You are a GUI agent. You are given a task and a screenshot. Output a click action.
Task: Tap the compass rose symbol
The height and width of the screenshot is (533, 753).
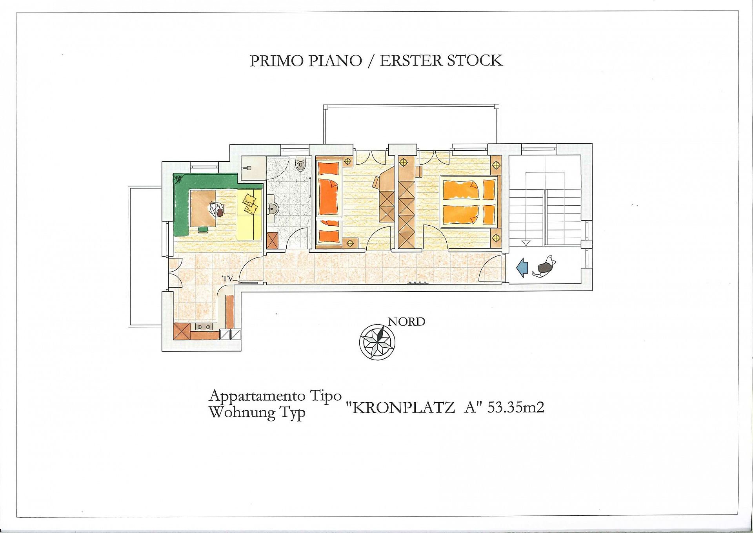pyautogui.click(x=377, y=341)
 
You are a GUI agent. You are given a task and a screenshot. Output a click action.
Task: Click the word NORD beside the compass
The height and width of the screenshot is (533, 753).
pyautogui.click(x=406, y=322)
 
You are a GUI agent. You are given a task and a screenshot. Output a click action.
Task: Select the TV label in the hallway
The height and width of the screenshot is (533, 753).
pyautogui.click(x=227, y=279)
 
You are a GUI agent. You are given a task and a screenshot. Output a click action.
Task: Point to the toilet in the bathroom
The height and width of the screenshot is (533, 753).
pyautogui.click(x=300, y=164)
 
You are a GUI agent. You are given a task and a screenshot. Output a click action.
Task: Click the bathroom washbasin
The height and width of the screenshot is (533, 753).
pyautogui.click(x=272, y=210)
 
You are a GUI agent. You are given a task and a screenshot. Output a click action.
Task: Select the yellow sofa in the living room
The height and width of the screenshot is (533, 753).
pyautogui.click(x=249, y=214)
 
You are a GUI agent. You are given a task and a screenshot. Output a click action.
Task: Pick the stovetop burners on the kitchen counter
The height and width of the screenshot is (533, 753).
pyautogui.click(x=204, y=327)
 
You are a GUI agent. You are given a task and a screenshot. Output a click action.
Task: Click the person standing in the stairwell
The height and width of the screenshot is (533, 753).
pyautogui.click(x=544, y=267)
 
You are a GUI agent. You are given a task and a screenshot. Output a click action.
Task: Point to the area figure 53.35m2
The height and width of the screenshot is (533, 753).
pyautogui.click(x=516, y=408)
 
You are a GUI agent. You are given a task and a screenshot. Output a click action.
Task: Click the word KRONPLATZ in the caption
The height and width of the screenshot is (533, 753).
pyautogui.click(x=404, y=408)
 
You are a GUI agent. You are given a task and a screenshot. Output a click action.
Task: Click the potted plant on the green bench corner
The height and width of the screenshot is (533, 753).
pyautogui.click(x=178, y=179)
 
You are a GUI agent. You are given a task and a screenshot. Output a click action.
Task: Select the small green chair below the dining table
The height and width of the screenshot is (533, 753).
pyautogui.click(x=203, y=230)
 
